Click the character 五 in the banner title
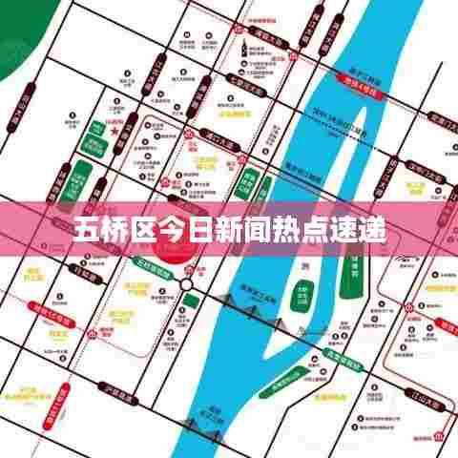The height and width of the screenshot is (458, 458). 87,229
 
